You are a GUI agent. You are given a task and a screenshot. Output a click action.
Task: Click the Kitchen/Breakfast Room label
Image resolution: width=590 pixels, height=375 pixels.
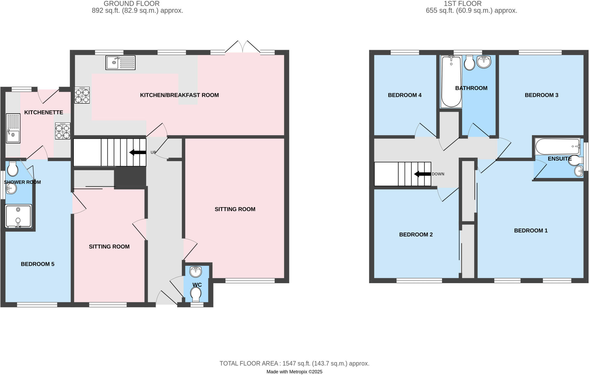179,95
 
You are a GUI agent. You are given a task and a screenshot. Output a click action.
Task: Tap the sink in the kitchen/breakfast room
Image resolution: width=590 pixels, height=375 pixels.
120,63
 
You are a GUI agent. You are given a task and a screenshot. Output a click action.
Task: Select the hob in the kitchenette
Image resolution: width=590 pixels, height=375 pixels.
63,131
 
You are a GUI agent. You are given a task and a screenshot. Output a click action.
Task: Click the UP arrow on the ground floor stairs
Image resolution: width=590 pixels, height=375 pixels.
138,152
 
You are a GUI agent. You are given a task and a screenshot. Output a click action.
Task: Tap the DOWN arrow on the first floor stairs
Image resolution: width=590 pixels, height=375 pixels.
422,174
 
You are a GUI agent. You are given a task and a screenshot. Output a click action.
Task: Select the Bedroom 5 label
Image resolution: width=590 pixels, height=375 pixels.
37,264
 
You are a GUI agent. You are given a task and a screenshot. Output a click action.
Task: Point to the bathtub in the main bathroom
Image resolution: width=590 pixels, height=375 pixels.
451,82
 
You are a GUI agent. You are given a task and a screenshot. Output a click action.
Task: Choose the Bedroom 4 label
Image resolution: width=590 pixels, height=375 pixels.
404,95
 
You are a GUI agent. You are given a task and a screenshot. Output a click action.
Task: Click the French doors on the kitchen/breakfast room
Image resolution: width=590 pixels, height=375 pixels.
243,48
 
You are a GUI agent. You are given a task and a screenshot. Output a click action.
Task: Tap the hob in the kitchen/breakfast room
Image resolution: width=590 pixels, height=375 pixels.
82,95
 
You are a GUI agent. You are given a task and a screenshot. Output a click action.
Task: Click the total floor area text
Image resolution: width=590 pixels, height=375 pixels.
294,363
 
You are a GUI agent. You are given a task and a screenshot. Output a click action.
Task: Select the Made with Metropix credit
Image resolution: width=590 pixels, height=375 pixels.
294,372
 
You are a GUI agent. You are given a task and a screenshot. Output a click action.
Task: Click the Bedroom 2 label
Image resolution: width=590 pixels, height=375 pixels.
416,235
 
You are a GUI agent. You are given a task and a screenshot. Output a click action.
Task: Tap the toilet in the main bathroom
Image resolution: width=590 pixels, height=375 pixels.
470,63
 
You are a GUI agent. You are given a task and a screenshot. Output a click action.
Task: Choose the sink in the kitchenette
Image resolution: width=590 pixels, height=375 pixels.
13,128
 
